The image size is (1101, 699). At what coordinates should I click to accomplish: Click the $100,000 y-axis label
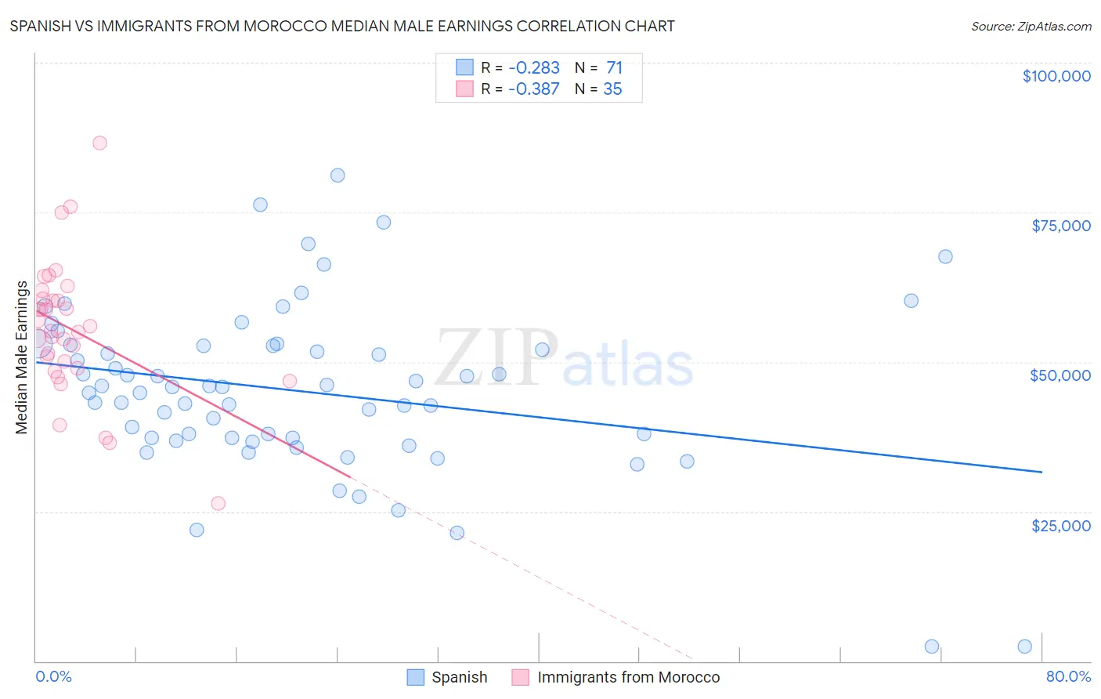pos(1056,76)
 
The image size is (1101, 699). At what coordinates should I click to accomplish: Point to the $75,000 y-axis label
pos(1060,226)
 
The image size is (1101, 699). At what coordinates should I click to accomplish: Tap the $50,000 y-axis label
pos(1059,375)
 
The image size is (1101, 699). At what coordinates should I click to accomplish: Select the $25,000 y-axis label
pos(1060,526)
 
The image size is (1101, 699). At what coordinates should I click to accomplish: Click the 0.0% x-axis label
pos(53,677)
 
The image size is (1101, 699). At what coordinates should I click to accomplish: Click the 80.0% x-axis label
pos(1068,677)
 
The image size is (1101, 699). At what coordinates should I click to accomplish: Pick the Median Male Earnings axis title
pos(22,357)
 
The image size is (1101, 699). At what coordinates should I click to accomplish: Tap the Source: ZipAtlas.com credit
pos(1031,27)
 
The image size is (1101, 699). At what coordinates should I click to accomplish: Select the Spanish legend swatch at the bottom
pos(416,677)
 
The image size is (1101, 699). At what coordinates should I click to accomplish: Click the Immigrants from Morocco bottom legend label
pos(628,677)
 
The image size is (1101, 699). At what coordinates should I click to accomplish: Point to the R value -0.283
pos(533,67)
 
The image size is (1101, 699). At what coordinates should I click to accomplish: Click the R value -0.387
pos(533,89)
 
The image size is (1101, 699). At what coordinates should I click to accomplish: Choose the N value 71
pos(614,67)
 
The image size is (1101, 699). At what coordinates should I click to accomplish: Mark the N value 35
pos(612,89)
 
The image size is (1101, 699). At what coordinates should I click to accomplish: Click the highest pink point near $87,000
pos(99,143)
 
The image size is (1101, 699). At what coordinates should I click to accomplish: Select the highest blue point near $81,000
pos(338,176)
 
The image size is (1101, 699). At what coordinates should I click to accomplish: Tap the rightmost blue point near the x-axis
pos(1024,646)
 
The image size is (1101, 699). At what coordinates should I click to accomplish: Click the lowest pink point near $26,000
pos(218,503)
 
